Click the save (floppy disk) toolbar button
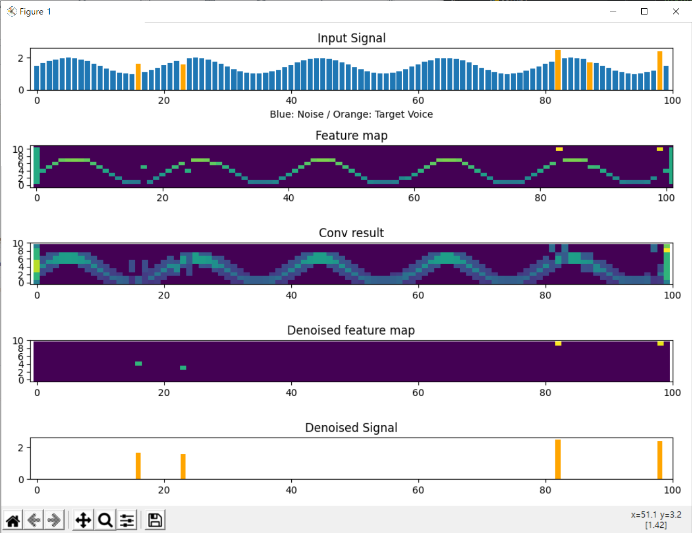click(x=155, y=520)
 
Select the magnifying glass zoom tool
click(x=105, y=520)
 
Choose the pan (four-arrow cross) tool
click(x=83, y=520)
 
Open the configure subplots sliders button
click(x=127, y=520)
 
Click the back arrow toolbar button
click(x=34, y=520)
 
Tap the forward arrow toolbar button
click(x=54, y=520)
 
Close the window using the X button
click(x=675, y=11)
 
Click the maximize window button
click(x=644, y=11)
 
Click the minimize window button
click(x=613, y=11)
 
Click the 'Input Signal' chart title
click(x=351, y=38)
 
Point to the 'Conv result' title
click(x=351, y=233)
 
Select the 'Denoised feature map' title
click(x=351, y=330)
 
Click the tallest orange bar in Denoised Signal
click(x=558, y=459)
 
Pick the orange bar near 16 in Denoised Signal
click(x=138, y=466)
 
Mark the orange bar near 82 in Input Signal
click(x=558, y=70)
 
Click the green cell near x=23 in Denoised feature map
click(x=183, y=368)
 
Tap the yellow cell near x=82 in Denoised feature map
click(x=558, y=343)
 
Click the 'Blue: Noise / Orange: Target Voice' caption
click(x=351, y=114)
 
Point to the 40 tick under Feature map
click(x=288, y=198)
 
